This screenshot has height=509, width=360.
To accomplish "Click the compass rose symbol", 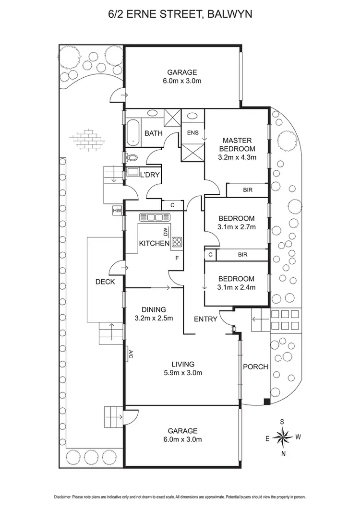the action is coord(283,437).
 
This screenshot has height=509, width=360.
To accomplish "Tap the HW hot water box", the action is coord(117,210).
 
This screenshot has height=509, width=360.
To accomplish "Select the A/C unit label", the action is coord(130,355).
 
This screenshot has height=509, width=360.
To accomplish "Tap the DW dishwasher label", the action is coord(165,233).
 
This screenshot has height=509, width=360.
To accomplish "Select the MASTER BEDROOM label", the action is coord(237,144).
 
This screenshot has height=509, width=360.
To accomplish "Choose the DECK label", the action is coord(105,282).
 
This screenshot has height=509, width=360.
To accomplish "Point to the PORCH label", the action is coord(255,367).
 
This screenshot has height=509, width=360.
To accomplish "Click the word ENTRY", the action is coord(205,319).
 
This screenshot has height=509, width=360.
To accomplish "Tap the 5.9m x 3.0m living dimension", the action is coord(181,373).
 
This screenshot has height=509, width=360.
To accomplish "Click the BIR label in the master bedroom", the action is coord(248,190).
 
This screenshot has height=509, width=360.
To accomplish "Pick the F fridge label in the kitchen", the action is coord(177,259).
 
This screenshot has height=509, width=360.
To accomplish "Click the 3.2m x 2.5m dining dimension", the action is coord(154,318).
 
